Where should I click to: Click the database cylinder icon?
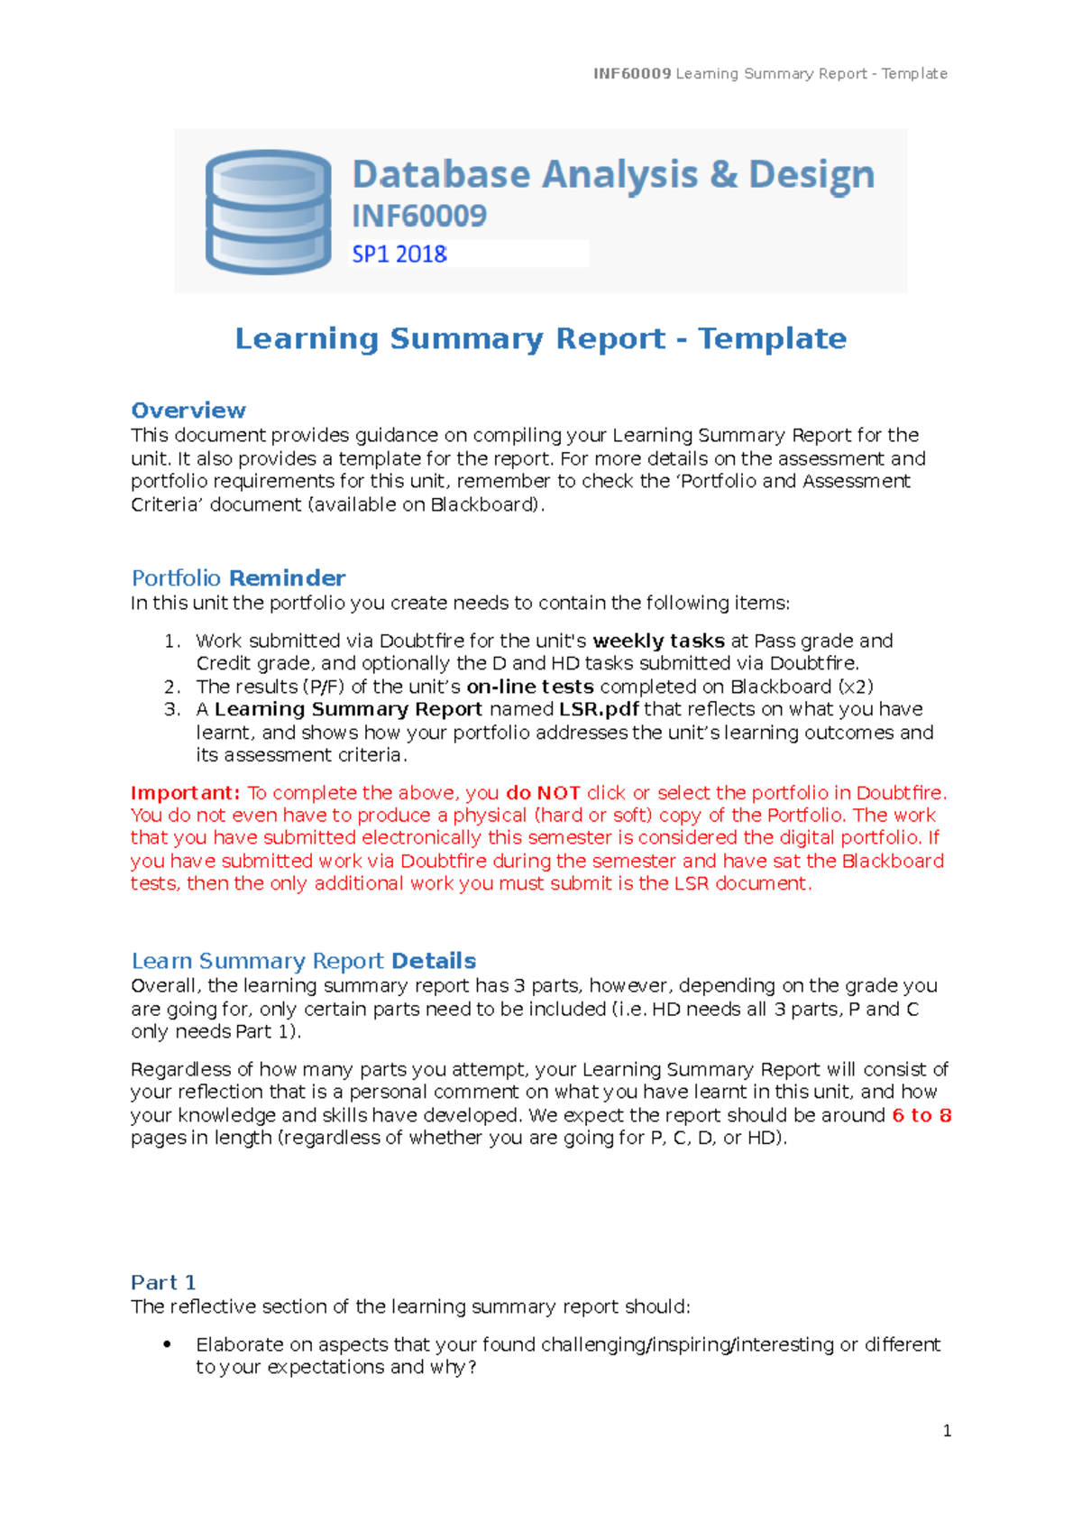[268, 212]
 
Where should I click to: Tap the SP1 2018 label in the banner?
[399, 254]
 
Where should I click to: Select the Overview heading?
[188, 411]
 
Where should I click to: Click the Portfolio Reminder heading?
[238, 578]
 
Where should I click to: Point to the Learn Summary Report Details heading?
[303, 961]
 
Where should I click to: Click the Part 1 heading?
[163, 1283]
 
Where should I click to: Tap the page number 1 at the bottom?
[947, 1431]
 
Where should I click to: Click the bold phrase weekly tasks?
[658, 641]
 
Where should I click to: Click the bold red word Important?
[185, 793]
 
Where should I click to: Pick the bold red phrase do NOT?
[543, 793]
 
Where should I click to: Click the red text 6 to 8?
[922, 1116]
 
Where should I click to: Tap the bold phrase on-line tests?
[530, 687]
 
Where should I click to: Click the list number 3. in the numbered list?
[173, 709]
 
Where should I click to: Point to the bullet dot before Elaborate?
[167, 1344]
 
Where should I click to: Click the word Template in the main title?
[772, 339]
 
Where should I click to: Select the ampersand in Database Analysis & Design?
[723, 174]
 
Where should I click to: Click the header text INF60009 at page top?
[631, 74]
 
